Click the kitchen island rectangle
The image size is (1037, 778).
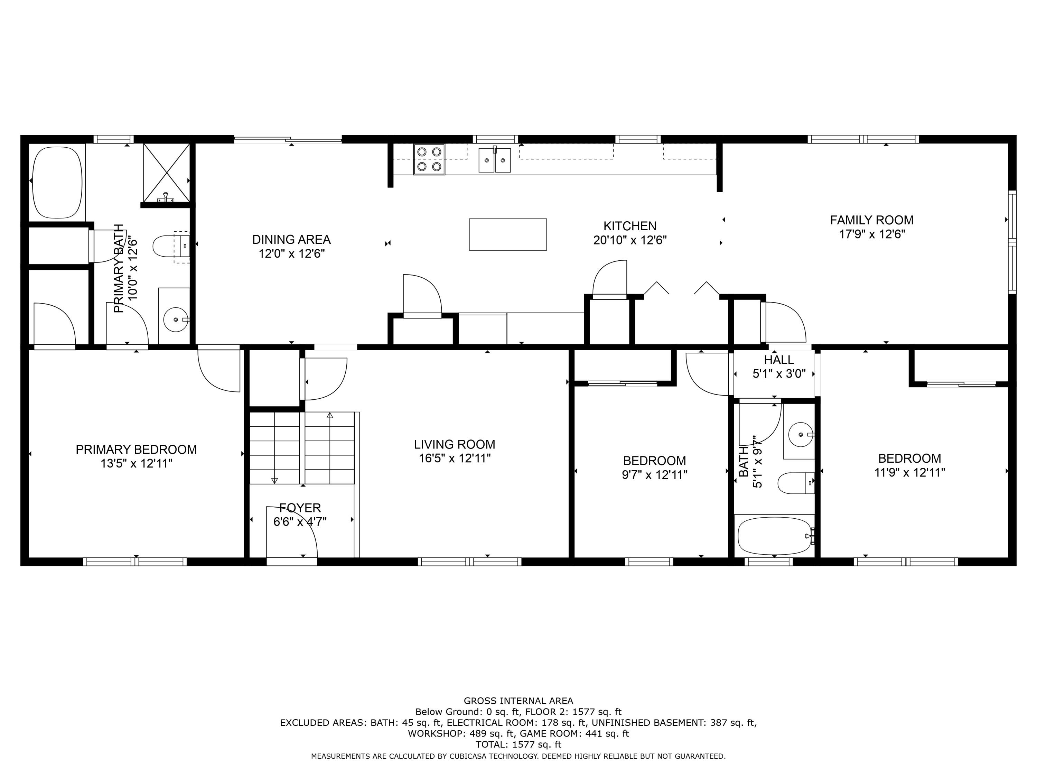pos(508,234)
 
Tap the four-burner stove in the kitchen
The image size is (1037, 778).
pos(429,159)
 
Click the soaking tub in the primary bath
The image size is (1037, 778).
pos(57,183)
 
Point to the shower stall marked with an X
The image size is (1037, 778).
pos(166,173)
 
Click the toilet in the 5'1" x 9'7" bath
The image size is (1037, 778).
pos(796,483)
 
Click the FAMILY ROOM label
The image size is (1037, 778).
pos(871,220)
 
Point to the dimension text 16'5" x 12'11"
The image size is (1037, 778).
pos(454,458)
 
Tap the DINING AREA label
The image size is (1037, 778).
pos(291,240)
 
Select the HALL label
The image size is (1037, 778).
pos(779,360)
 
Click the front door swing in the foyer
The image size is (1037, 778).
pos(292,532)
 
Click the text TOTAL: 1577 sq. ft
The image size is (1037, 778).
pos(518,744)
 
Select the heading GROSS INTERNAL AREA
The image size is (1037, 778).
pos(518,701)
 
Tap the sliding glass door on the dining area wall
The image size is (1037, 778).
pos(288,139)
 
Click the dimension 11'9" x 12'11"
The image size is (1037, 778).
pos(909,472)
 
